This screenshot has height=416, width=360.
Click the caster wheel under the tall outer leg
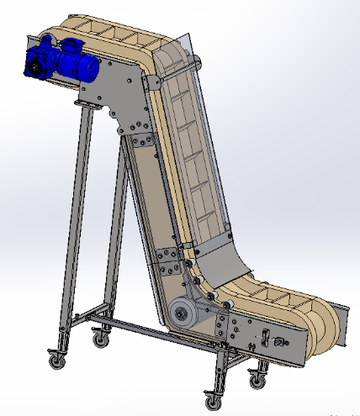[57, 361]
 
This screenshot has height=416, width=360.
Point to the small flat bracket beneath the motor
[87, 103]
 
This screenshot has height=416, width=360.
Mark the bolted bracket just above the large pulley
[168, 261]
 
